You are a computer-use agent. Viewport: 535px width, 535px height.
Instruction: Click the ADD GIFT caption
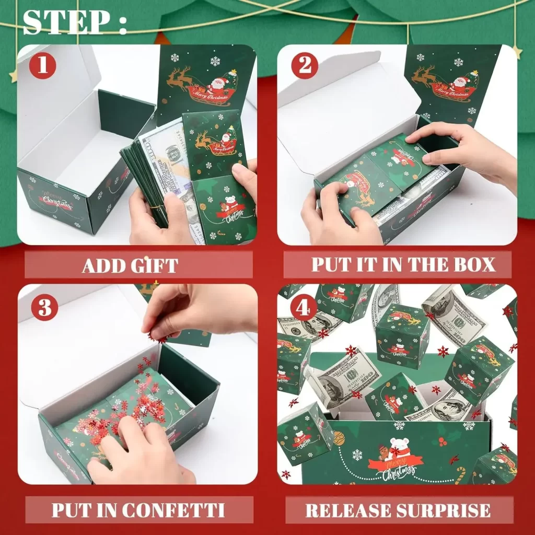[x=130, y=265]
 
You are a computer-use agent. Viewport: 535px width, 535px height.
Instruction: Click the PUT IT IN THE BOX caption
[x=403, y=264]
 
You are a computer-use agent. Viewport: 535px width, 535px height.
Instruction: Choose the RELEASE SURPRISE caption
[x=398, y=510]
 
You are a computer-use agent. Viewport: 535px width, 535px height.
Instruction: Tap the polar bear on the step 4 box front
[x=399, y=447]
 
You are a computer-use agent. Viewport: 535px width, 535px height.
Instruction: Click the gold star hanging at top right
[x=517, y=51]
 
